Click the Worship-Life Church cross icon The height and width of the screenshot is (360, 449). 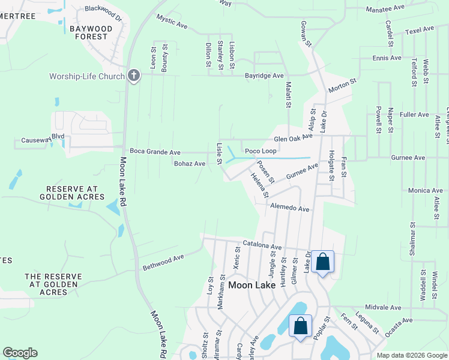coord(133,76)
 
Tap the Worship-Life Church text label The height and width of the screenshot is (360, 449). coord(87,76)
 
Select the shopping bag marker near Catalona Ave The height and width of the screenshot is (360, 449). coord(322,262)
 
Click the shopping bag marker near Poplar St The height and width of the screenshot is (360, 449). coord(301,326)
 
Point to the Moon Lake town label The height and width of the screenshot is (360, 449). coord(252,285)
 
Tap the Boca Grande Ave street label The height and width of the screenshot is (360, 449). coord(155,152)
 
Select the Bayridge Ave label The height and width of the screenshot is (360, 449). coord(264,76)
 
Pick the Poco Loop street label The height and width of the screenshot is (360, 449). coord(260,151)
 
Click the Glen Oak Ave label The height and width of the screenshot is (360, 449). coord(294,137)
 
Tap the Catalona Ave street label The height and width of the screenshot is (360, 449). coord(262,246)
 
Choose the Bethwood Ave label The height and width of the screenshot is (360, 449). coord(163,262)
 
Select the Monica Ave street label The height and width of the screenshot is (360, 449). coord(425,190)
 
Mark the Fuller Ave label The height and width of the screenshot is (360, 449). coord(414,114)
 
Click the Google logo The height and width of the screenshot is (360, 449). coord(20,353)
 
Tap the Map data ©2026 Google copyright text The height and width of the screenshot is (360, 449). coord(411,355)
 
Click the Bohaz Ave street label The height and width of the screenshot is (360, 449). coord(190,163)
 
